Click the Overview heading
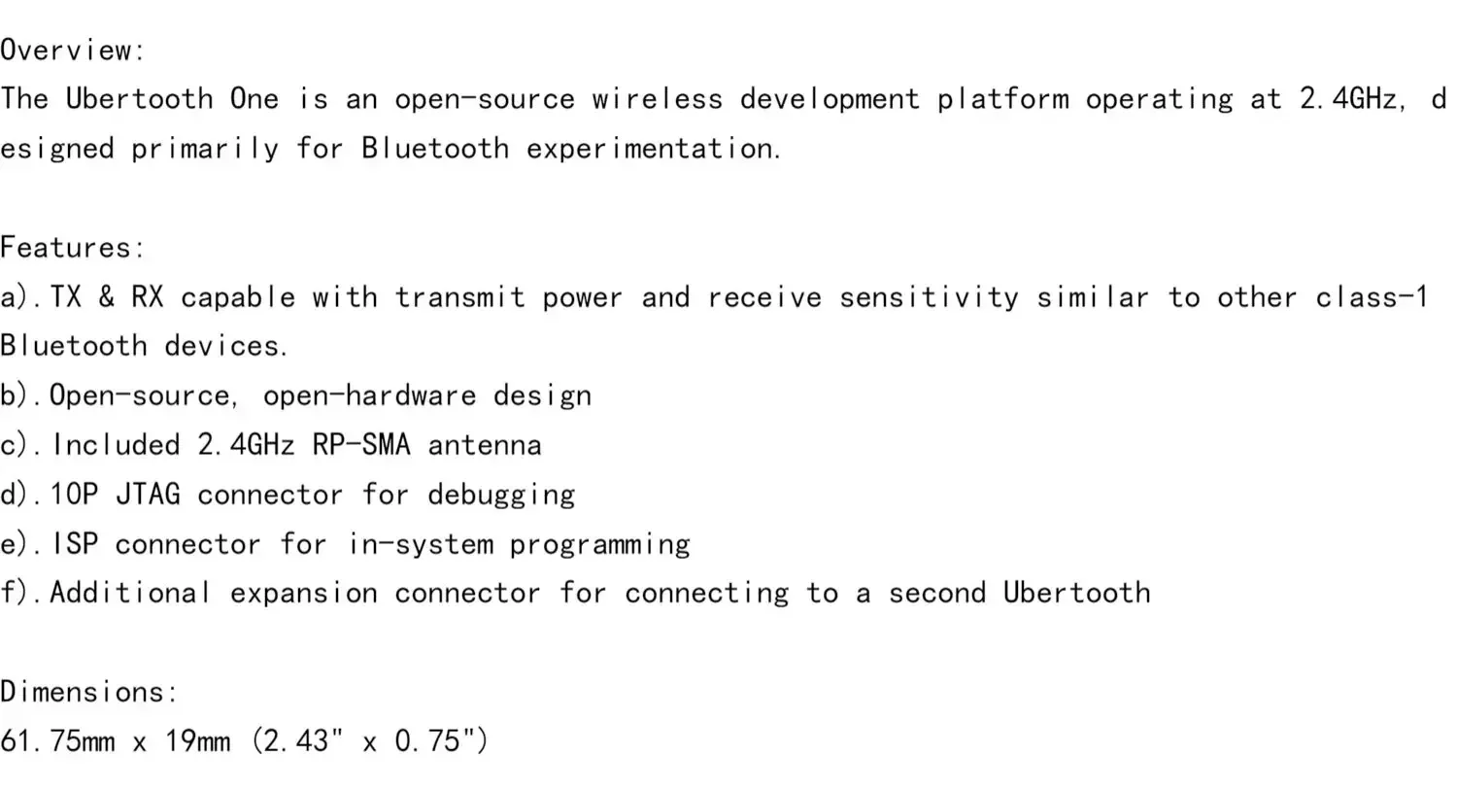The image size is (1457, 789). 72,50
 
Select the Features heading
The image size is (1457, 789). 72,247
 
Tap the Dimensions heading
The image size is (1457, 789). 88,692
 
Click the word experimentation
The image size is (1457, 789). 653,149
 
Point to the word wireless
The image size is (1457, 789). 657,99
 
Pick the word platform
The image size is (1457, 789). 1001,99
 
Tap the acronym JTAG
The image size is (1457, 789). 148,495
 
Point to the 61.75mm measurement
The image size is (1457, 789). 57,741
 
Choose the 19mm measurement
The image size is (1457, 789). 197,741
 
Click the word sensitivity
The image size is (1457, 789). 928,296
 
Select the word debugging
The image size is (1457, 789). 500,495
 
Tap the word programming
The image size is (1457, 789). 599,544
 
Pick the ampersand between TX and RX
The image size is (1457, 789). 106,296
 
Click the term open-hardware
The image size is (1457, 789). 369,395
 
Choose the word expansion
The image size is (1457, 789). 303,594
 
